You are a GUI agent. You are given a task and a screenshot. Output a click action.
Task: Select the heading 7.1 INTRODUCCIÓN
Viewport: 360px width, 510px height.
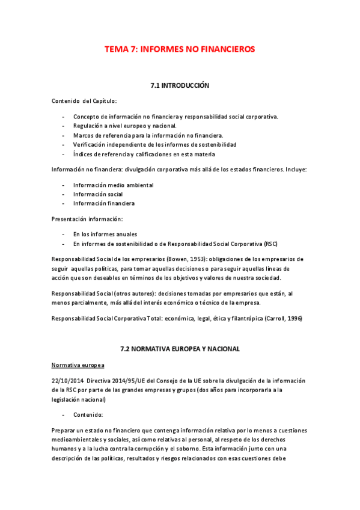pyautogui.click(x=180, y=86)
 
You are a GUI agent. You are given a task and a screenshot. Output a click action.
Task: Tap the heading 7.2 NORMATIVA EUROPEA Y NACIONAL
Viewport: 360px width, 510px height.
pyautogui.click(x=180, y=348)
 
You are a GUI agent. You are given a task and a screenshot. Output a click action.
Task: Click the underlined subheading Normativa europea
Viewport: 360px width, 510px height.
pyautogui.click(x=78, y=365)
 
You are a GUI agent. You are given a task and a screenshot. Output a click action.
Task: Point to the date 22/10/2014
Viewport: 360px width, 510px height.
pyautogui.click(x=67, y=381)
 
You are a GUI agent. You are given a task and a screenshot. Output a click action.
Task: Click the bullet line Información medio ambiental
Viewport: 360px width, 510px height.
pyautogui.click(x=113, y=185)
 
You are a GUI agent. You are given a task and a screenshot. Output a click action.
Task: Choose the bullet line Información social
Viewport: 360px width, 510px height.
pyautogui.click(x=98, y=194)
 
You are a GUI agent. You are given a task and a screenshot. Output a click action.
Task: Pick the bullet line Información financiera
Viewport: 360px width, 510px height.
pyautogui.click(x=103, y=203)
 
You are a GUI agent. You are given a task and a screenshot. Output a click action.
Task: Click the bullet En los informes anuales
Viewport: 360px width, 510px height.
pyautogui.click(x=105, y=235)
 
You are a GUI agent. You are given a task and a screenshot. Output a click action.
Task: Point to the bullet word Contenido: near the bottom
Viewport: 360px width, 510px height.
pyautogui.click(x=88, y=415)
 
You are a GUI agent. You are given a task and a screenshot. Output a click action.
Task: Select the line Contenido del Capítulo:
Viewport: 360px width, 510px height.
pyautogui.click(x=84, y=101)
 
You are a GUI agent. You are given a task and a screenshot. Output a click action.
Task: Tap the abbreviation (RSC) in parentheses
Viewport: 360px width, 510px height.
pyautogui.click(x=271, y=244)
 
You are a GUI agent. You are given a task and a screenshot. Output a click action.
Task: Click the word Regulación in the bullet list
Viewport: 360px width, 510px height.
pyautogui.click(x=89, y=126)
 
